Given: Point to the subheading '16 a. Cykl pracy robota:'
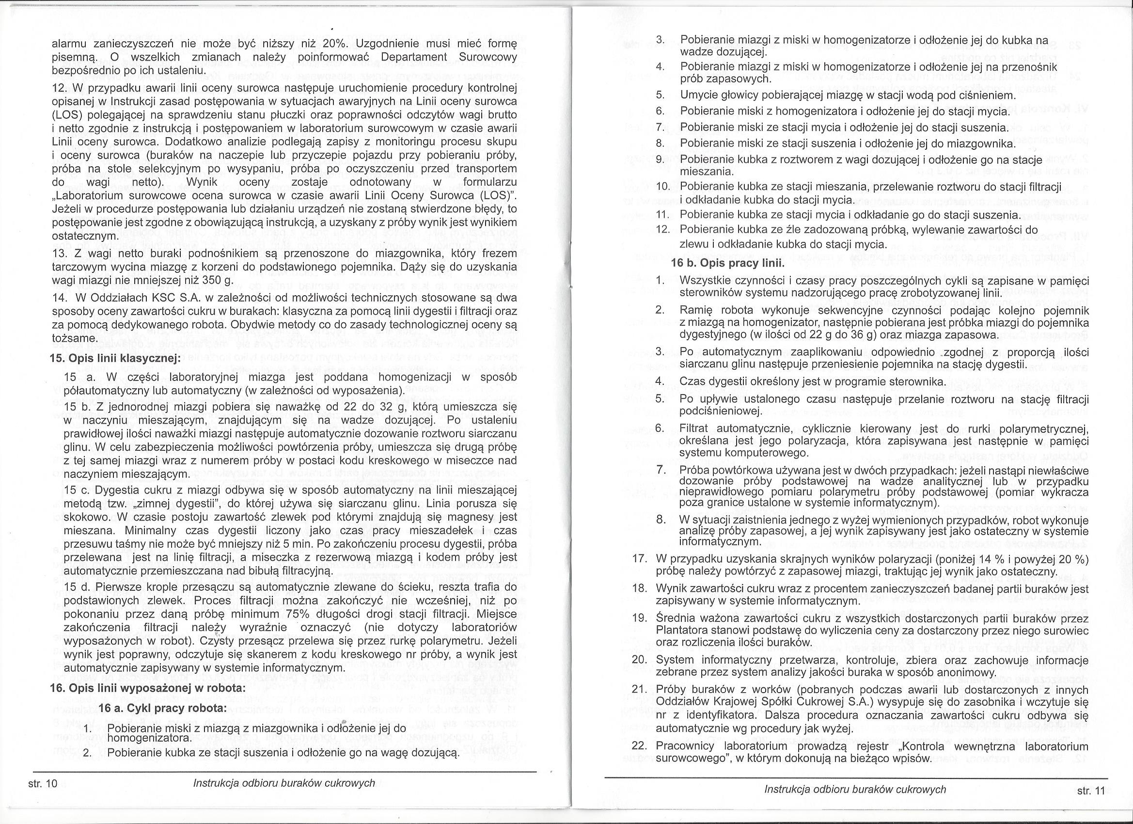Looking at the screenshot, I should pos(163,709).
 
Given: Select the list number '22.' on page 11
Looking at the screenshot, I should pos(640,746).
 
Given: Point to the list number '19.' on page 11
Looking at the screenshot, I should pos(640,618).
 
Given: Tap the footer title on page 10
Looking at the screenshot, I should pos(284,783).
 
